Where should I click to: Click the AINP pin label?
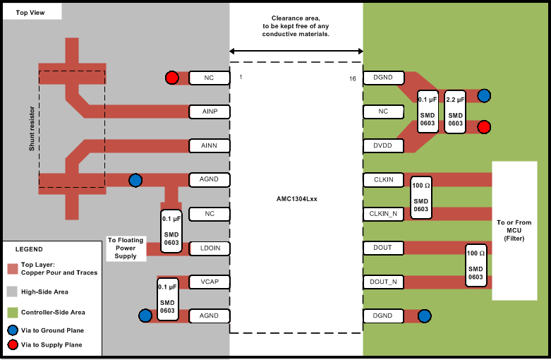point(209,112)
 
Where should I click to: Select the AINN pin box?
point(209,145)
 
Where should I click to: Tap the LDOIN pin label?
point(209,248)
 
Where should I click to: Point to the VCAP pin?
point(209,282)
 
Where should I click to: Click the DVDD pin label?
point(383,145)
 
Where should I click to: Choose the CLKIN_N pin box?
point(383,213)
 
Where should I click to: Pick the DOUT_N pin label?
point(383,282)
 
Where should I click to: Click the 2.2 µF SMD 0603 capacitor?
point(455,112)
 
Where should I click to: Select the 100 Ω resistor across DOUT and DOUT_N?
point(476,265)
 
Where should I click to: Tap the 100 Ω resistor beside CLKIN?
point(420,197)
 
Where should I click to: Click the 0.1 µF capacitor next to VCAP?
point(167,299)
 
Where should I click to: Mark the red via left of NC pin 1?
point(171,78)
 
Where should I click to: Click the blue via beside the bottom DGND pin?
point(424,316)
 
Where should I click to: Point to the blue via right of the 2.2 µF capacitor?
point(484,95)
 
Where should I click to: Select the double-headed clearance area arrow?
point(296,50)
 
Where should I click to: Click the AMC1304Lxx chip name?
point(296,199)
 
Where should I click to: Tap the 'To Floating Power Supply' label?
point(126,248)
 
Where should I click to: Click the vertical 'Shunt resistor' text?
point(32,131)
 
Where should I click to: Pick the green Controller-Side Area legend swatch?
point(12,312)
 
